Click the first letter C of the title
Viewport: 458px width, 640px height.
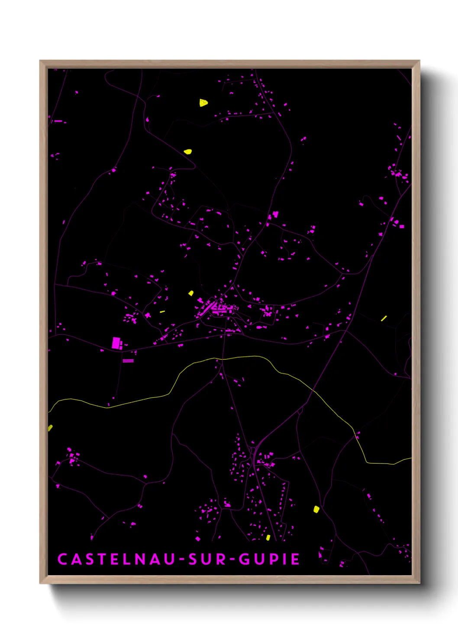pyautogui.click(x=62, y=559)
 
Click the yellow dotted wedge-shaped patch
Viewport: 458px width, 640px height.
pyautogui.click(x=203, y=102)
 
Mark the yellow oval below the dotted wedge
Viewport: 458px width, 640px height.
pyautogui.click(x=187, y=152)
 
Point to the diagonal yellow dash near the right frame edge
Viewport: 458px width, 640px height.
pyautogui.click(x=384, y=318)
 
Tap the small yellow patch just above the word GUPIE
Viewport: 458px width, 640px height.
pyautogui.click(x=268, y=538)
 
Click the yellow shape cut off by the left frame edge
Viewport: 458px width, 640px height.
pyautogui.click(x=50, y=428)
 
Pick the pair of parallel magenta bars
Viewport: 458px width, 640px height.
pyautogui.click(x=128, y=361)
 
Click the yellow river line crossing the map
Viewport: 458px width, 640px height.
pyautogui.click(x=242, y=357)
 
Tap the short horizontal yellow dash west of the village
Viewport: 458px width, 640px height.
pyautogui.click(x=162, y=311)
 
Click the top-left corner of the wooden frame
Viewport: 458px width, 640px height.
pyautogui.click(x=40, y=61)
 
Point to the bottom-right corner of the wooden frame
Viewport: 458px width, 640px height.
pyautogui.click(x=419, y=583)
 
